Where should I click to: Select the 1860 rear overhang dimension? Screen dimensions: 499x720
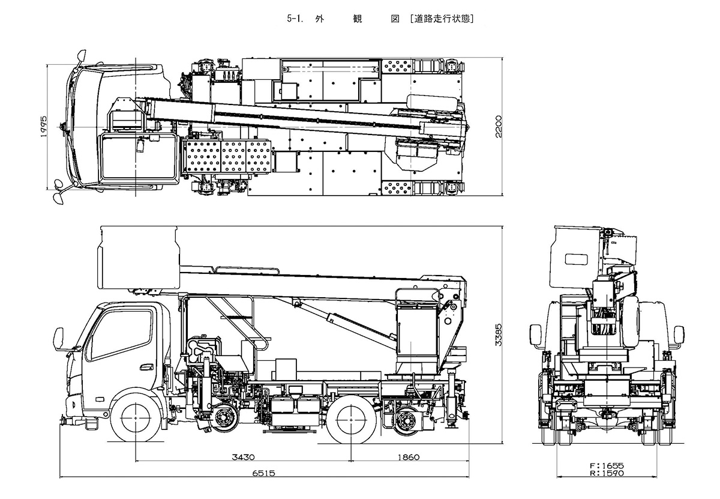(x=409, y=458)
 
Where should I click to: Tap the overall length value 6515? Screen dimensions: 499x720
(x=263, y=473)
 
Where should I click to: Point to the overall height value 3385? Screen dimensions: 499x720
(x=507, y=339)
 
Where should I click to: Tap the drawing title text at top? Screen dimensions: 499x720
(x=382, y=19)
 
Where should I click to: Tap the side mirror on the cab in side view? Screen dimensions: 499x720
(x=59, y=339)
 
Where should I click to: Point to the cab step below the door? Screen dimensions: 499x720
(x=90, y=423)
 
